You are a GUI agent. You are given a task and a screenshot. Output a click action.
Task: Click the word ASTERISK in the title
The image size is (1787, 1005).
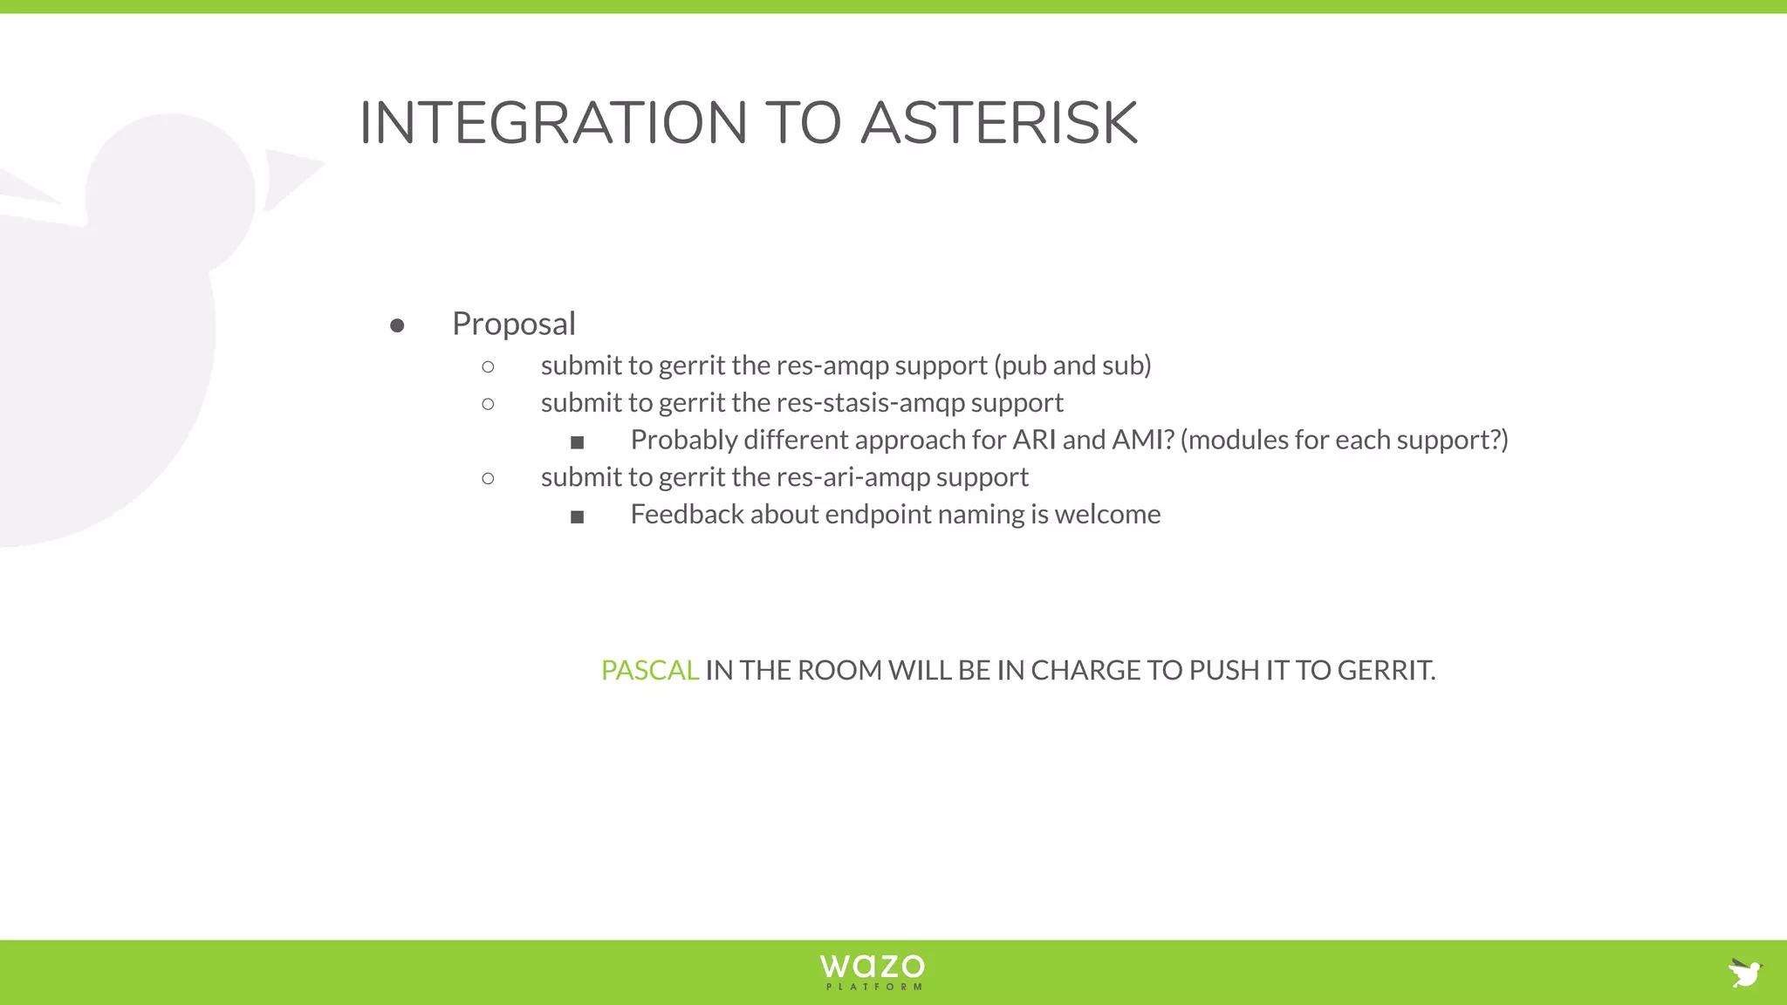coord(999,123)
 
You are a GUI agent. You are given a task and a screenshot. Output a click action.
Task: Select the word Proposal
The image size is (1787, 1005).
coord(513,324)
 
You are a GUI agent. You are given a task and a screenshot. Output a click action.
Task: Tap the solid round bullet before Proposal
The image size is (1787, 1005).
coord(397,326)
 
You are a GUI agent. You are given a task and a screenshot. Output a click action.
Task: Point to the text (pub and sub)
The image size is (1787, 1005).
coord(1072,366)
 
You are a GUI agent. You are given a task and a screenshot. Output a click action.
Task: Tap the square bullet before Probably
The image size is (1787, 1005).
coord(577,443)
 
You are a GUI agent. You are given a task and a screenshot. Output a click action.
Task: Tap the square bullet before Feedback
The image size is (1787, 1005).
coord(577,517)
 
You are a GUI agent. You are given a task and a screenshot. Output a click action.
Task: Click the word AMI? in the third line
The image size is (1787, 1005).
coord(1142,440)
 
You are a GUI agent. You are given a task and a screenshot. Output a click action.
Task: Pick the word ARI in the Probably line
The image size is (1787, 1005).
coord(1034,440)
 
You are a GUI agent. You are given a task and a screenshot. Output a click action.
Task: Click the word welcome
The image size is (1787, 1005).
coord(1107,515)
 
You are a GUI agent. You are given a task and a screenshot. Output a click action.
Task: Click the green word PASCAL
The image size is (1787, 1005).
coord(649,670)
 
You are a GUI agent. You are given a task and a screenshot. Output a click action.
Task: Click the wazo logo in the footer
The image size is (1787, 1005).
coord(872,971)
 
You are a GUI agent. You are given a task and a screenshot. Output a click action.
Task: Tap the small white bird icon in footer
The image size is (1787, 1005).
coord(1745,972)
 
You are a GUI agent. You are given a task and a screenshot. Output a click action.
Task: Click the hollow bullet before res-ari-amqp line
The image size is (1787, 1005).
coord(488,478)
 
